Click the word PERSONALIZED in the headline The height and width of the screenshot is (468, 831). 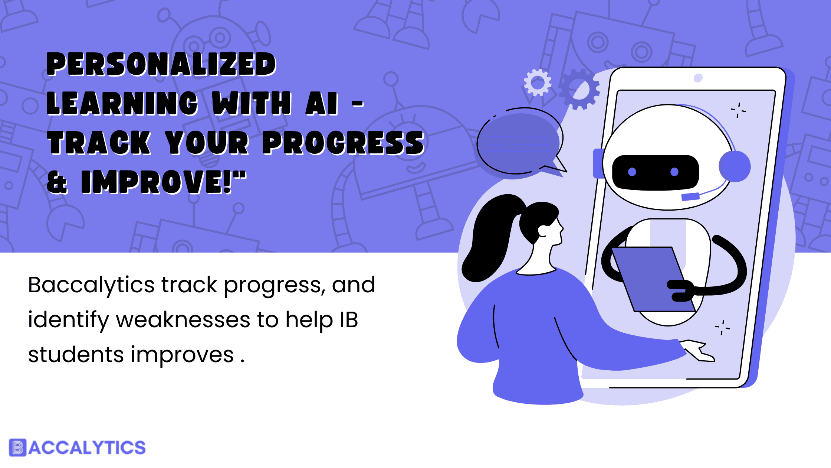(x=161, y=64)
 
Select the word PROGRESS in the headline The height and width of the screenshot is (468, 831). (x=343, y=143)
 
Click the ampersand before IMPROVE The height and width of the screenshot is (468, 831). (x=57, y=182)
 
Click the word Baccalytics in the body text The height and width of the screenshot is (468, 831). (x=91, y=286)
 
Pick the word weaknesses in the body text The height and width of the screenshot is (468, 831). (x=183, y=320)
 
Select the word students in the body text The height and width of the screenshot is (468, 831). (x=76, y=354)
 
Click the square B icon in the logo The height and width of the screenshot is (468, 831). (x=17, y=448)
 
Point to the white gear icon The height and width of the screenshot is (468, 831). (x=538, y=82)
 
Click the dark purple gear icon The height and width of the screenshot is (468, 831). (x=579, y=89)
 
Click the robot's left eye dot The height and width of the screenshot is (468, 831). (x=632, y=172)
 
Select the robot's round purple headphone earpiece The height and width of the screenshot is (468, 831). (x=735, y=166)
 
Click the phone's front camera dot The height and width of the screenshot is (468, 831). (x=698, y=78)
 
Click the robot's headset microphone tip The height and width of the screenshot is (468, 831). (x=690, y=196)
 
